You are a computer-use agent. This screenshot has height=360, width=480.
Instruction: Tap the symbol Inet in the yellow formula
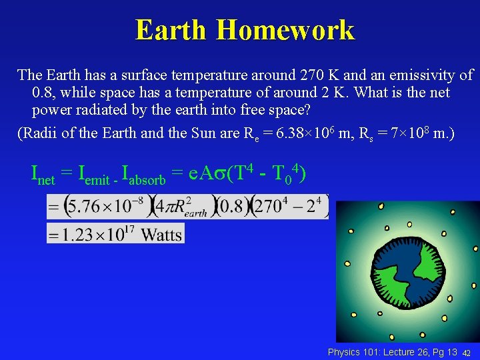[x=43, y=175]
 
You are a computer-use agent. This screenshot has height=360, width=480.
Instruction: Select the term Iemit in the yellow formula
[x=93, y=175]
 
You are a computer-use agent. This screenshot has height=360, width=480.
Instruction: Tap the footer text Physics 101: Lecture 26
[x=391, y=351]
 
